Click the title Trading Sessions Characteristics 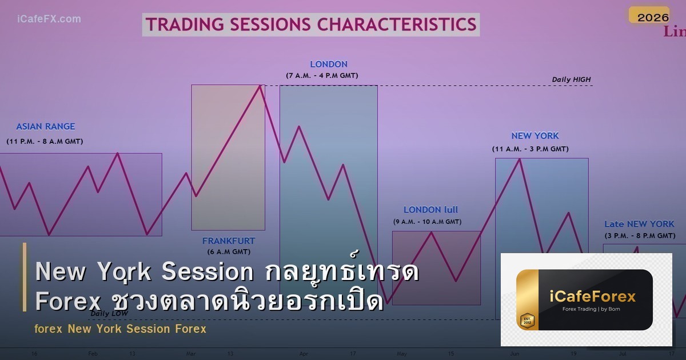pyautogui.click(x=310, y=25)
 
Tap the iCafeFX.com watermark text pyautogui.click(x=49, y=19)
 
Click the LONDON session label pyautogui.click(x=329, y=65)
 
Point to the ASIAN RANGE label pyautogui.click(x=46, y=127)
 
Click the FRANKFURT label pyautogui.click(x=229, y=241)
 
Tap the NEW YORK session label pyautogui.click(x=535, y=136)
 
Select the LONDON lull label pyautogui.click(x=430, y=210)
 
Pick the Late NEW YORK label pyautogui.click(x=639, y=224)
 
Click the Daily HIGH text pyautogui.click(x=571, y=79)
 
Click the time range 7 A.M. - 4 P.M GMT pyautogui.click(x=322, y=75)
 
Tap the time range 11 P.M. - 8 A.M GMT pyautogui.click(x=45, y=141)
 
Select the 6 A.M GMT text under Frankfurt pyautogui.click(x=229, y=251)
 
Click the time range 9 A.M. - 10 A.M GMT pyautogui.click(x=427, y=222)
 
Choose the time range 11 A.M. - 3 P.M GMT pyautogui.click(x=531, y=149)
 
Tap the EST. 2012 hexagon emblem pyautogui.click(x=527, y=321)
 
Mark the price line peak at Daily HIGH pyautogui.click(x=261, y=86)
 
